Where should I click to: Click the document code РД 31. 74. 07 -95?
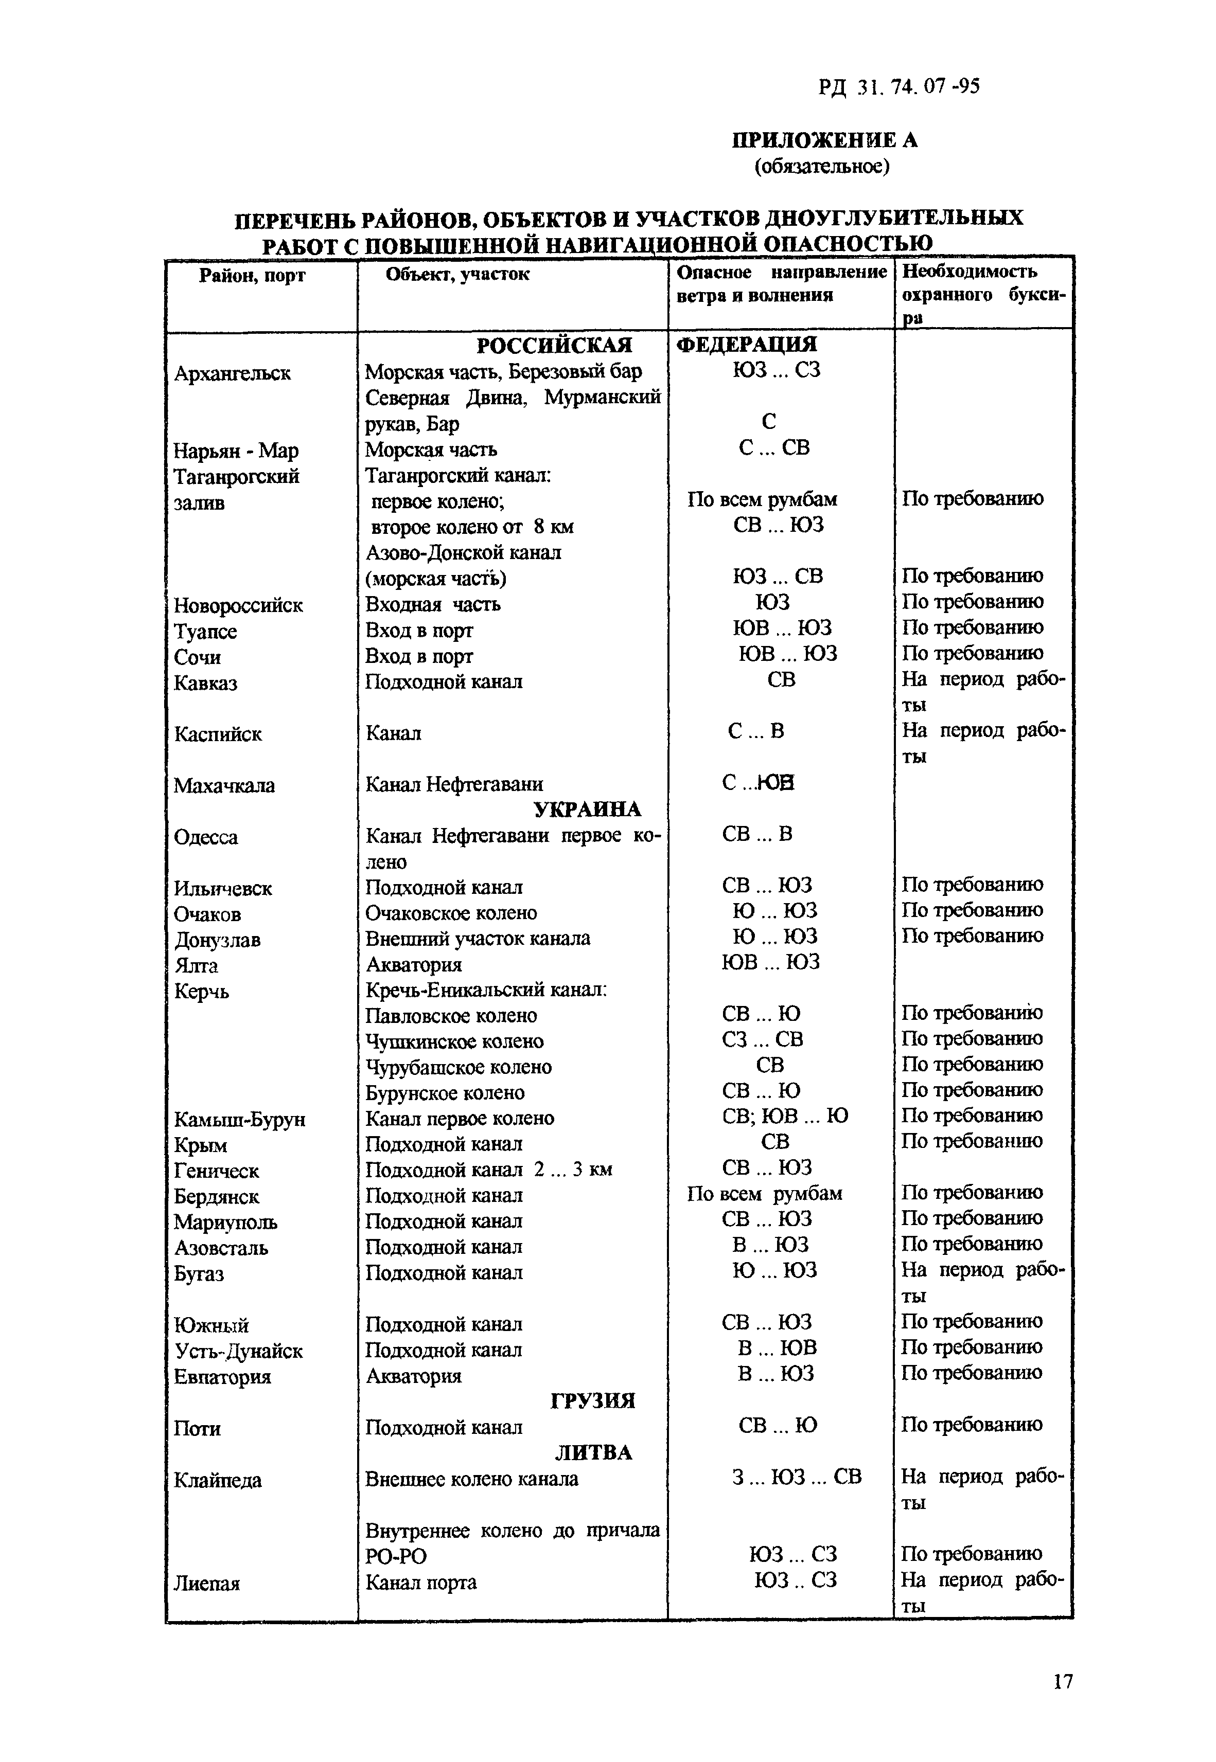(x=899, y=87)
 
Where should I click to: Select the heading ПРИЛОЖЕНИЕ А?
(x=824, y=140)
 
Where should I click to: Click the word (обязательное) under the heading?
(x=822, y=166)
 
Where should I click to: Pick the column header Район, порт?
(x=252, y=276)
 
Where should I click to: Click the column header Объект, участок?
(x=457, y=274)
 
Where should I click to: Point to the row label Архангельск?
(x=233, y=374)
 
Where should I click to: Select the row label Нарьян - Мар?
(x=236, y=451)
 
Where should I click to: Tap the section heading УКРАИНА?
(x=587, y=808)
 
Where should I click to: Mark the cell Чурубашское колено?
(x=459, y=1067)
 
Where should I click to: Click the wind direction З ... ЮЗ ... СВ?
(x=796, y=1477)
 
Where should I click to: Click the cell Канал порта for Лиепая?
(x=421, y=1583)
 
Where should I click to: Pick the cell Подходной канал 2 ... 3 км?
(x=488, y=1170)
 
